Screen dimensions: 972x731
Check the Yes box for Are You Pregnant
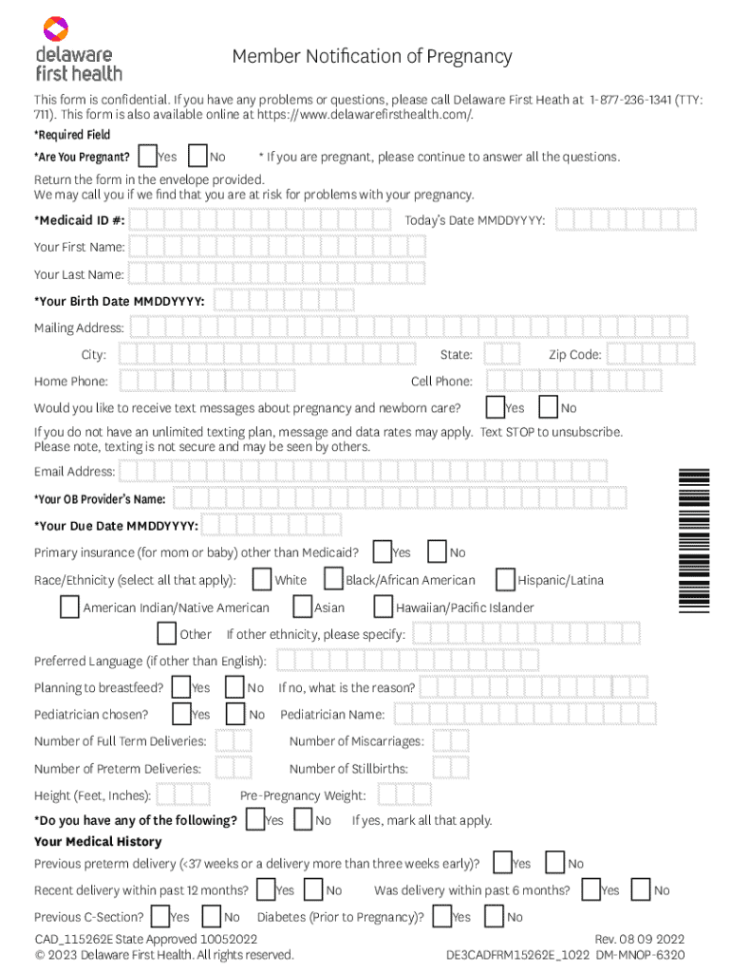148,156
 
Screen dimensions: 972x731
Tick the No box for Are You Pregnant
198,156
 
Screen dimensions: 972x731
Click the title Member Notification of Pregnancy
372,57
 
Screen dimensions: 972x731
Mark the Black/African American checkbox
333,579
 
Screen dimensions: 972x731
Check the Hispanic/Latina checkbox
506,579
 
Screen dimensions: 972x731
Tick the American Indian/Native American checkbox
69,607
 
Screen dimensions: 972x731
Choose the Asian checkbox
302,607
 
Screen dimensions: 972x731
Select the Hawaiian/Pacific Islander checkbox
384,607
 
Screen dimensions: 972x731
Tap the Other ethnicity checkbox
167,633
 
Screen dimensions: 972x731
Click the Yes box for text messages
495,407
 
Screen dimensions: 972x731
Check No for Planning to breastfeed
235,686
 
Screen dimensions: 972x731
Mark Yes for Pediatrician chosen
181,713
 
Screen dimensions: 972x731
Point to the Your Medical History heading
98,842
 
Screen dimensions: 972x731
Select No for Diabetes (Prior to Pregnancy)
494,916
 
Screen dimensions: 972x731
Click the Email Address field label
74,472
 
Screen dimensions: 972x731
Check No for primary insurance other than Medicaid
438,551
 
